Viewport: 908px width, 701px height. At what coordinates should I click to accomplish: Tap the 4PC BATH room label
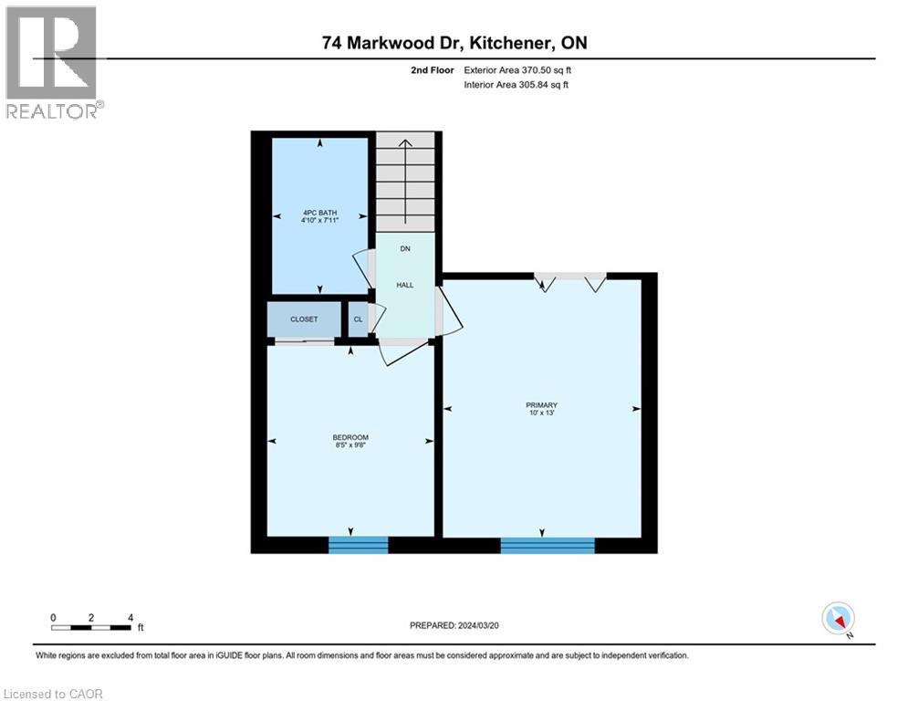point(319,213)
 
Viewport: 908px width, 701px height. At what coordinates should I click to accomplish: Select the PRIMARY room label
point(541,405)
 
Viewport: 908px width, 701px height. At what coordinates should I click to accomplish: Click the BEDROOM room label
point(350,438)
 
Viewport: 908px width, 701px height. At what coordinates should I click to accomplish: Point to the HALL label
point(405,285)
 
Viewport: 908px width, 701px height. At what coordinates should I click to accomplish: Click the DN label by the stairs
point(405,248)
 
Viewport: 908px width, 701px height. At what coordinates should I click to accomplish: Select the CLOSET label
point(304,319)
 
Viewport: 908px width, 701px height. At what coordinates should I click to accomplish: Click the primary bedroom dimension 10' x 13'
point(541,414)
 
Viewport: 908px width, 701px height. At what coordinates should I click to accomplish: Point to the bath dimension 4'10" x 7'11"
point(319,221)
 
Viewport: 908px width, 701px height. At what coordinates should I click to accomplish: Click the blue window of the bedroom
point(358,545)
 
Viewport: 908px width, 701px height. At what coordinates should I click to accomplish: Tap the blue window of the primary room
point(548,545)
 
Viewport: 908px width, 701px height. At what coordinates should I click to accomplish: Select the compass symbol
point(837,618)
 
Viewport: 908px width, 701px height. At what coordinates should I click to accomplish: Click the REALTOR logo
point(53,62)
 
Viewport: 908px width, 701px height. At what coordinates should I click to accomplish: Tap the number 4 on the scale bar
point(131,618)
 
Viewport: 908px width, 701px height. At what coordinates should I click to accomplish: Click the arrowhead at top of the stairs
point(406,141)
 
